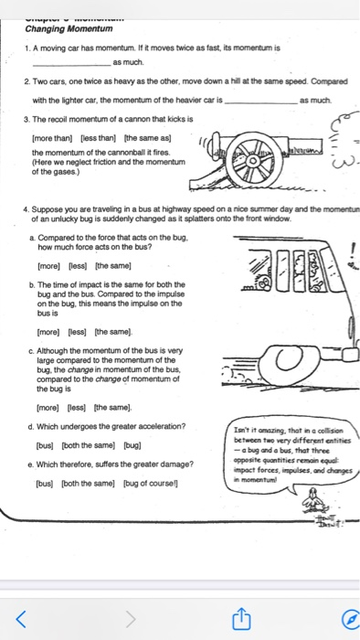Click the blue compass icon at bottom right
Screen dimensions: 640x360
[346, 620]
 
